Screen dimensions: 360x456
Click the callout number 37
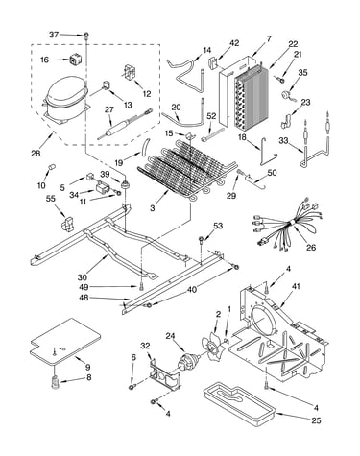point(54,35)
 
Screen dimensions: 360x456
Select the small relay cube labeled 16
point(75,60)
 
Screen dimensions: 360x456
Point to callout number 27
point(109,109)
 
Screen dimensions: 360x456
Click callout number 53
point(218,226)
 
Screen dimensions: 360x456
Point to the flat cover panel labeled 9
point(65,341)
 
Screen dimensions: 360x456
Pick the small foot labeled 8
point(56,382)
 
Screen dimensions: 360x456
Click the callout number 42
point(234,43)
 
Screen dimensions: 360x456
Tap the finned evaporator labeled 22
point(251,97)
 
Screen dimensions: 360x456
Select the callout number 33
point(283,140)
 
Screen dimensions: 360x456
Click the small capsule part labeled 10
point(51,168)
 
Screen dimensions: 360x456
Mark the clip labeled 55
point(67,224)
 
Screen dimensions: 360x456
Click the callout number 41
point(296,286)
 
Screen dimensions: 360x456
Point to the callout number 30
point(83,277)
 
